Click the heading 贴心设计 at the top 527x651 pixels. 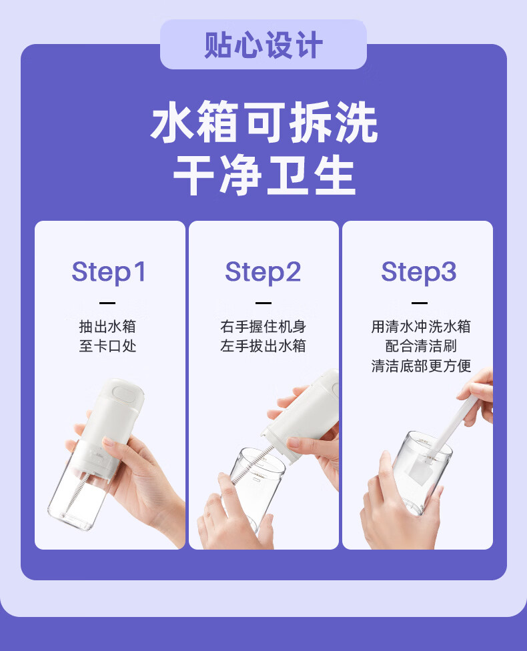(x=263, y=45)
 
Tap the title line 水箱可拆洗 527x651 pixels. (x=264, y=122)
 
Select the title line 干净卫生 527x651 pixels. (x=264, y=175)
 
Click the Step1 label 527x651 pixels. (x=109, y=272)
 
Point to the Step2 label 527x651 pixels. (x=263, y=272)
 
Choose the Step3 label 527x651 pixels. (x=419, y=272)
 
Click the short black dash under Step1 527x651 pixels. (x=107, y=303)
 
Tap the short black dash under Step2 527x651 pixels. (x=263, y=303)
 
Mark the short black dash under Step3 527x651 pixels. (x=420, y=303)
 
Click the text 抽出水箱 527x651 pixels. (x=107, y=326)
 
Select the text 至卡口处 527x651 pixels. (x=107, y=346)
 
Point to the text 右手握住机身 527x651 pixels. (x=263, y=326)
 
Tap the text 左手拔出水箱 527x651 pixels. (x=263, y=346)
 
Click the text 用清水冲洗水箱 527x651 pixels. (x=421, y=326)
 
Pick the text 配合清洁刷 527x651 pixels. (x=421, y=346)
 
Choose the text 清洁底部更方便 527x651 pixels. (x=421, y=366)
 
